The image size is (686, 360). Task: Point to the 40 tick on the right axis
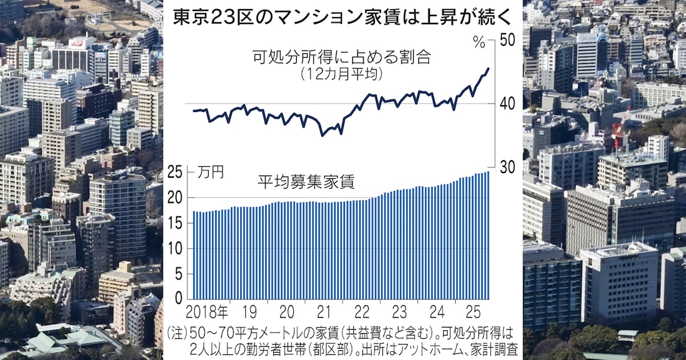[506, 103]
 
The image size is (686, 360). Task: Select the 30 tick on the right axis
[506, 167]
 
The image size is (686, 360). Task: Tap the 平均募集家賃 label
[306, 183]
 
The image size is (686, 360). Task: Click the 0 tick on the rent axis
[179, 298]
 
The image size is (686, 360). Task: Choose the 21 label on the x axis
[324, 313]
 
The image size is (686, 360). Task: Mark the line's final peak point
[488, 69]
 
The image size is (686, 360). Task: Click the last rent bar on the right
[488, 235]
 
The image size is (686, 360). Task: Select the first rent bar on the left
[194, 255]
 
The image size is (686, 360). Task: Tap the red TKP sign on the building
[76, 43]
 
